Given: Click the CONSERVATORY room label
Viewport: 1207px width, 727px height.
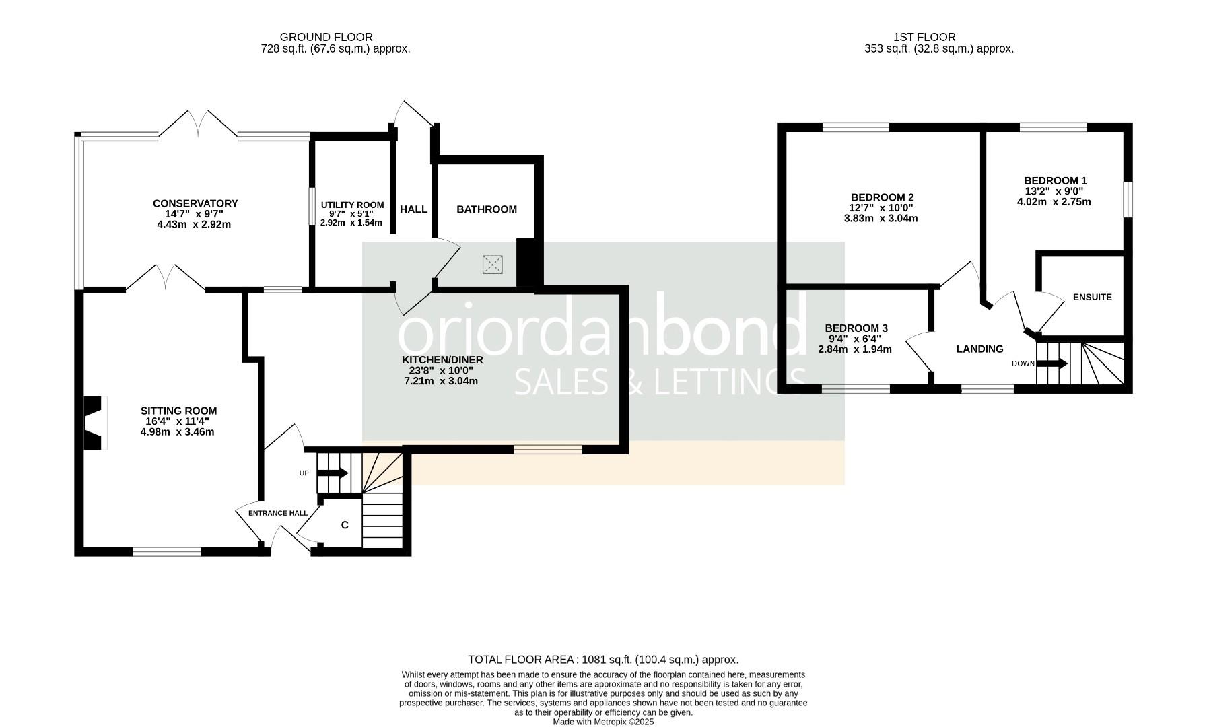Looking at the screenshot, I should (195, 203).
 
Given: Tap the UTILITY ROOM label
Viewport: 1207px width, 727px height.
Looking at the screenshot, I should (352, 205).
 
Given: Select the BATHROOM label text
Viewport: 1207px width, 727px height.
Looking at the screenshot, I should (487, 209).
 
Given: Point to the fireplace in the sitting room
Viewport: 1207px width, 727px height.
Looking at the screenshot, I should (94, 423).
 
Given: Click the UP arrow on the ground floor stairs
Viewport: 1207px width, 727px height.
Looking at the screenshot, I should (332, 473).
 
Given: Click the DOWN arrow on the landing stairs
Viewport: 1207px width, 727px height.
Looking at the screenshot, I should (1051, 363).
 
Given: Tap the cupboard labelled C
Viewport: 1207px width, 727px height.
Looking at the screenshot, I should (345, 525).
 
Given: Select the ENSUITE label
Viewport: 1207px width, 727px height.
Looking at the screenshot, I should (1092, 297).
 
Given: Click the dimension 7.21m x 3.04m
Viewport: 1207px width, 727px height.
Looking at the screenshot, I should (441, 381).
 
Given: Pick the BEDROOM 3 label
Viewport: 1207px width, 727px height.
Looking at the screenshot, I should (856, 328).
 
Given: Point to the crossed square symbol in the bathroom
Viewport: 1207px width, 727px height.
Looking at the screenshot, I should (493, 265).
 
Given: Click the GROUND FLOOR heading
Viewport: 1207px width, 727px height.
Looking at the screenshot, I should (326, 37).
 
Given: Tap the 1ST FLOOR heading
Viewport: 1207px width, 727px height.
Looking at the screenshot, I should (924, 37).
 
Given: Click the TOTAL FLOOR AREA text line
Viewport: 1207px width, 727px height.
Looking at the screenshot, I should (603, 660).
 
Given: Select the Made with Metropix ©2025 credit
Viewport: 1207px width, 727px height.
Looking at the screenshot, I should (603, 722).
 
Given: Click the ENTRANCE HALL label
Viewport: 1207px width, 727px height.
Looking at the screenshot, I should (278, 513).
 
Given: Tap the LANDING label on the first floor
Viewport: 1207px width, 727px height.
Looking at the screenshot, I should (979, 349).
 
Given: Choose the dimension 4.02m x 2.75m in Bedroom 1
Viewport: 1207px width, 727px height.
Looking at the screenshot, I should (1054, 201).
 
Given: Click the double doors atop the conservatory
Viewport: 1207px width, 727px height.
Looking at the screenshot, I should (198, 125).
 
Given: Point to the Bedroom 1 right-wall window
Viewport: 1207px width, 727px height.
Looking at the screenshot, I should (1129, 199).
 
